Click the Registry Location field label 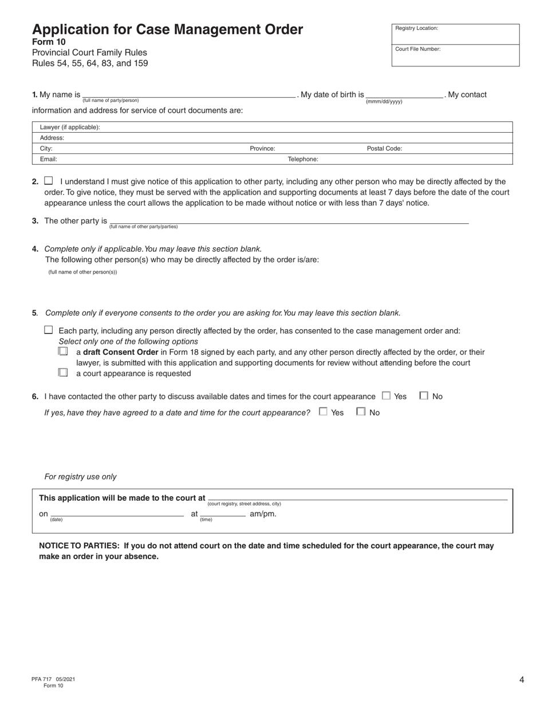tap(416, 28)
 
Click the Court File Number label tap(417, 49)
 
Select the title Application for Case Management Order tap(167, 30)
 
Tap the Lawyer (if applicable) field tap(272, 127)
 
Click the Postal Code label tap(384, 149)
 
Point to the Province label tap(262, 149)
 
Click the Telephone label tap(302, 160)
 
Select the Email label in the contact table tap(48, 160)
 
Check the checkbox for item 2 tap(48, 180)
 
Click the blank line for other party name tap(289, 222)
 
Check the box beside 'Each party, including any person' tap(48, 330)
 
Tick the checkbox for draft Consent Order tap(63, 351)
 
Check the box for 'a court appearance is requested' tap(63, 373)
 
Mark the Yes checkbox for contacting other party tap(386, 395)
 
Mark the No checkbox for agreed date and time tap(361, 412)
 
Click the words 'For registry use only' tap(80, 477)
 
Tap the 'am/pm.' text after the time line tap(263, 514)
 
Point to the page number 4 tap(521, 680)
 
